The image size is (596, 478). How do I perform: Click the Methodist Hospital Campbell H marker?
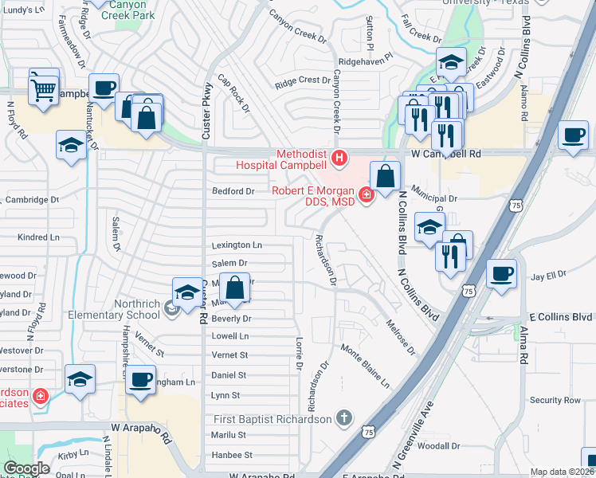340,159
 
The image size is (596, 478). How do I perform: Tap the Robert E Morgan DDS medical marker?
366,193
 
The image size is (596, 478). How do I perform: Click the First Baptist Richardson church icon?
343,417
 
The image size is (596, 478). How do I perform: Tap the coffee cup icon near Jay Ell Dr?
502,274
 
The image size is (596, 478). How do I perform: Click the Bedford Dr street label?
233,191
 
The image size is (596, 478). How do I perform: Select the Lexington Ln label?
237,245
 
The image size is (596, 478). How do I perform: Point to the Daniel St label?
229,374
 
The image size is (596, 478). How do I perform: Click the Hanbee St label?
231,455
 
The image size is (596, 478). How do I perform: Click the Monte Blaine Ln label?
366,366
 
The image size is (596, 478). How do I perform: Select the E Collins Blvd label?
559,316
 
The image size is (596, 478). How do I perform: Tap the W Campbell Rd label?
446,153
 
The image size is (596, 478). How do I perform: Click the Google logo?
26,468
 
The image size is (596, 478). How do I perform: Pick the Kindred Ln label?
38,237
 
